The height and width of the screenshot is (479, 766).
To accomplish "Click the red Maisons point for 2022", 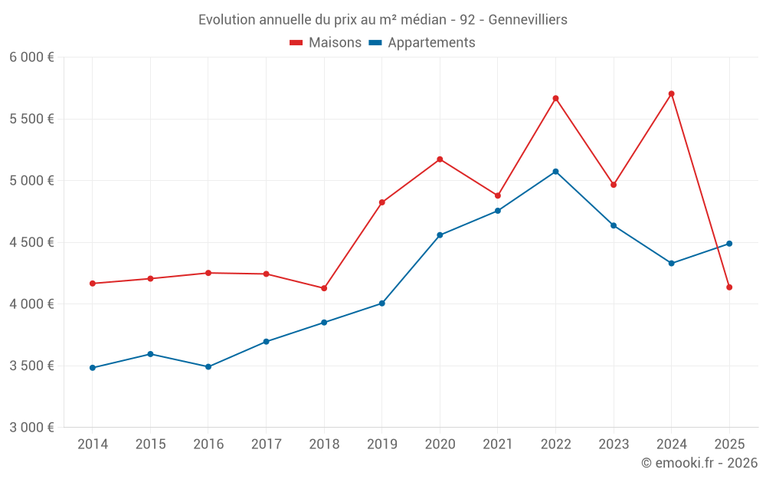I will pos(555,98).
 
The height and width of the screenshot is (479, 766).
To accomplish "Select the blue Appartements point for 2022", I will pos(555,172).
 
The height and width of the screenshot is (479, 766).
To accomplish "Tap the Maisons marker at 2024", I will pos(671,94).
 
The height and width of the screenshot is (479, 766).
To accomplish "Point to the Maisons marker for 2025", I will pos(729,287).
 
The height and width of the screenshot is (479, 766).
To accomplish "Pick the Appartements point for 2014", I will pos(93,368).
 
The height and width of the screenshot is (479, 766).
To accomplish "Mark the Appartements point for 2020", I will pos(440,235).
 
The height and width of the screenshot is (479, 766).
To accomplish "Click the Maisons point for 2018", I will pos(324,288).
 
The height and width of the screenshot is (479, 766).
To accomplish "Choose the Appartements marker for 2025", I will pos(729,244).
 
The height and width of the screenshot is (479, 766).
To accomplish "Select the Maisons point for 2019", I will pos(382,202).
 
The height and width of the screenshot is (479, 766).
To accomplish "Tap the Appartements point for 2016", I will pos(208,367).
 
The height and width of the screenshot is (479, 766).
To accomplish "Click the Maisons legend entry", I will pos(326,43).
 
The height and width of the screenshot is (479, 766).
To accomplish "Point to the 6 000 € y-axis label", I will pos(31,57).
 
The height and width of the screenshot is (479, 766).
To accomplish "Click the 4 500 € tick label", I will pos(31,242).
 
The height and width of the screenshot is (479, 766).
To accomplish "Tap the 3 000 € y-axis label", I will pos(31,428).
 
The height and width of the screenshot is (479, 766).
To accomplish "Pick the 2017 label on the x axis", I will pos(266,445).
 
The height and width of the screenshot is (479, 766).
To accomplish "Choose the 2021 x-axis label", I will pos(497,445).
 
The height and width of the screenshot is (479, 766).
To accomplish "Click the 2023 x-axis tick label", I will pos(613,445).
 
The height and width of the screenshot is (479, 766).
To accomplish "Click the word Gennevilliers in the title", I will pos(528,19).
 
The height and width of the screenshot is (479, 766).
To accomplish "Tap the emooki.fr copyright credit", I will pos(699,463).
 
